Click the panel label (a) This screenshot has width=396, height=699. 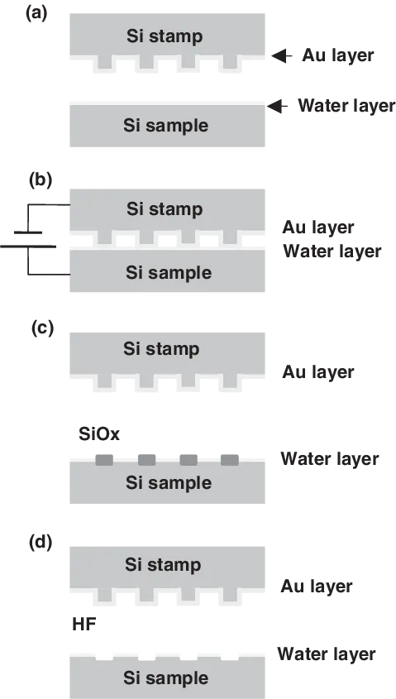36,14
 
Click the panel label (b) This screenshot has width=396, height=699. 41,180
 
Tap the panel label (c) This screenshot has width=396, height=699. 42,328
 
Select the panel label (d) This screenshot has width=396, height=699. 41,543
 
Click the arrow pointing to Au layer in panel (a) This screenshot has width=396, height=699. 282,55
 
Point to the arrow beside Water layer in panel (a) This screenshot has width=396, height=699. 277,106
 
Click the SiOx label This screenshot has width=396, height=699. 99,433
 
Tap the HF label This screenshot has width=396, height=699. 84,625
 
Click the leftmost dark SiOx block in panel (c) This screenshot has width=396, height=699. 104,460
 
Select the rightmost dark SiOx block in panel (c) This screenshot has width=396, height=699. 230,460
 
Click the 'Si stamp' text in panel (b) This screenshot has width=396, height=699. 165,209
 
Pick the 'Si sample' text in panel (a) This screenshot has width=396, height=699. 165,126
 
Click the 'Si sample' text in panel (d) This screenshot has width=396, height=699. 165,678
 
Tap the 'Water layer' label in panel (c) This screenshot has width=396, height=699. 330,459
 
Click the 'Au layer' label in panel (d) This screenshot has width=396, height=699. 317,586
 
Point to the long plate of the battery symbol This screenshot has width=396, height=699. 28,246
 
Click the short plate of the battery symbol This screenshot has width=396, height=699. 28,232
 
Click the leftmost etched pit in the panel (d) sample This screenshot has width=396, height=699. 105,657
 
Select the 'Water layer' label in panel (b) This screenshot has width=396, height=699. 332,251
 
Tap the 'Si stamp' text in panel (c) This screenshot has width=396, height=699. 161,349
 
